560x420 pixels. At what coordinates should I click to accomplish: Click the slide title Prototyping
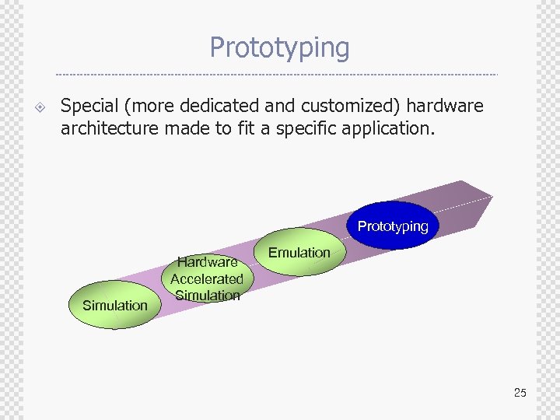pos(279,47)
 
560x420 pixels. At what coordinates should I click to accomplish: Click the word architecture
pos(110,128)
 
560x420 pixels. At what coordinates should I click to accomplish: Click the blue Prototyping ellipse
pos(392,226)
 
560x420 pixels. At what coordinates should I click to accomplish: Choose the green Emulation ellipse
pos(299,252)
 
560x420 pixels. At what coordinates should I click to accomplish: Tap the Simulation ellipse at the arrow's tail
pos(115,305)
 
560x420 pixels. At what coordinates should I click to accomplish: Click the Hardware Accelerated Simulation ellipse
pos(207,278)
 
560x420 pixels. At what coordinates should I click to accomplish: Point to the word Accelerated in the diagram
pos(207,278)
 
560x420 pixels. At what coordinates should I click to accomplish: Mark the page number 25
pos(520,393)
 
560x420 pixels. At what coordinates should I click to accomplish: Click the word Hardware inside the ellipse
pos(207,262)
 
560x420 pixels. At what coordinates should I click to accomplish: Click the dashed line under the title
pos(277,75)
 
